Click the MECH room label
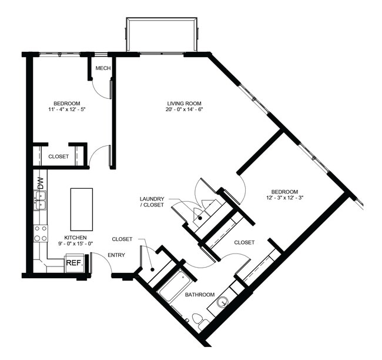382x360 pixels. [x=103, y=68]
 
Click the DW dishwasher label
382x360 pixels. [x=41, y=182]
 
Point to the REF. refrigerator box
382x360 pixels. [x=73, y=263]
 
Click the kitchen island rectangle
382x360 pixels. [x=81, y=209]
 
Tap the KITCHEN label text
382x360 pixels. [x=75, y=237]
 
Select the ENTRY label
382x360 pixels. [x=117, y=255]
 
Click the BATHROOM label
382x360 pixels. [x=199, y=294]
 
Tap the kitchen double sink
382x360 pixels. [x=40, y=204]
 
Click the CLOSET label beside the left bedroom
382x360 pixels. [x=58, y=156]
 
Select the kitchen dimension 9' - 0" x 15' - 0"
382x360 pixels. [x=75, y=245]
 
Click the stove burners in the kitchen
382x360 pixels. [x=41, y=234]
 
